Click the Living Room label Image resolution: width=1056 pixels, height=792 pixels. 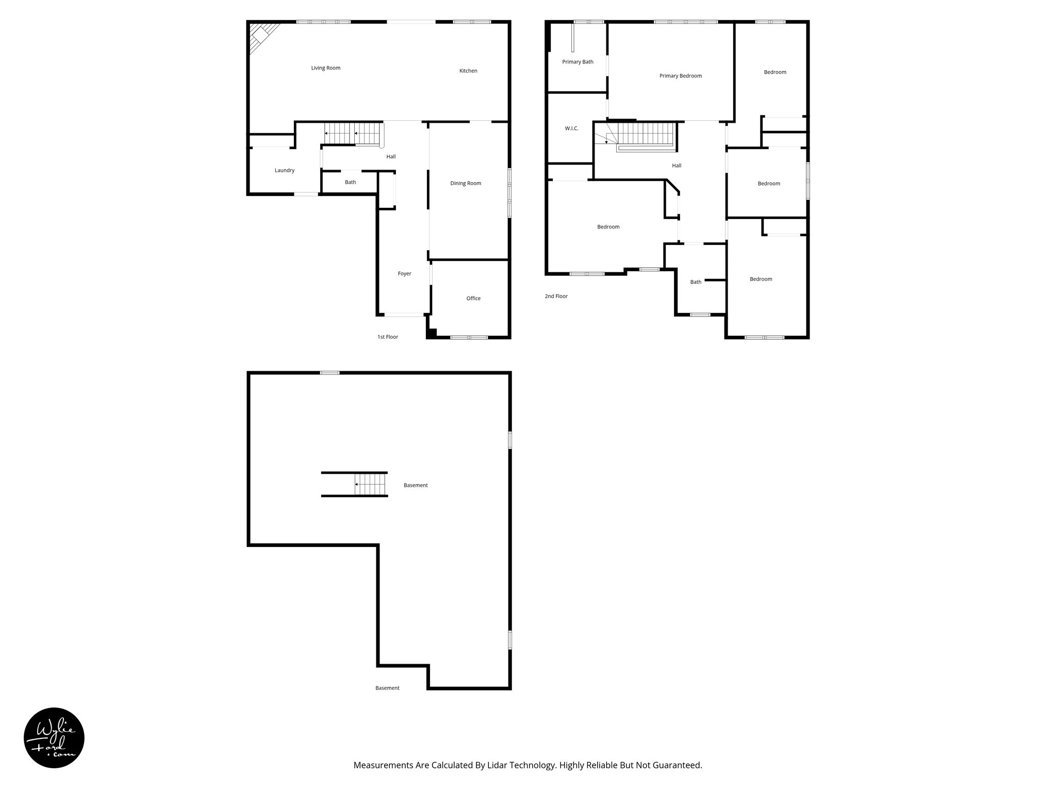pyautogui.click(x=325, y=68)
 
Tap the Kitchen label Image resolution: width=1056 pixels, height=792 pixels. pyautogui.click(x=468, y=71)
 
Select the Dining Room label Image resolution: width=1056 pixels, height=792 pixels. pyautogui.click(x=466, y=184)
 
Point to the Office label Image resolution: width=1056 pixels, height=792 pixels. pyautogui.click(x=473, y=299)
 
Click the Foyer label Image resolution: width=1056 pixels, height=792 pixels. pyautogui.click(x=404, y=274)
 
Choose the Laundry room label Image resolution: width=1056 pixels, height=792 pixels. pyautogui.click(x=285, y=171)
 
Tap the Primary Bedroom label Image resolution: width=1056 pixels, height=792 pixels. pyautogui.click(x=680, y=76)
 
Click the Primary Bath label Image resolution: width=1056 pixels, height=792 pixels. pyautogui.click(x=577, y=62)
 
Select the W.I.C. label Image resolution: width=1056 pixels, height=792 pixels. pyautogui.click(x=571, y=128)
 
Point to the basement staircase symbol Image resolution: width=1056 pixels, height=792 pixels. pyautogui.click(x=370, y=485)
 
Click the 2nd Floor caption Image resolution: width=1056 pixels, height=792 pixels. pyautogui.click(x=556, y=296)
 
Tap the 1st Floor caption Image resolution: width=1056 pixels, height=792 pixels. pyautogui.click(x=388, y=337)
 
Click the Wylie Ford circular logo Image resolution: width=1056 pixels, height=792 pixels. pyautogui.click(x=54, y=738)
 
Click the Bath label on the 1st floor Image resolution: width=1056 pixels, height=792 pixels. pyautogui.click(x=350, y=183)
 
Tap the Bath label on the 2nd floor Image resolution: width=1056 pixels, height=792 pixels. pyautogui.click(x=696, y=282)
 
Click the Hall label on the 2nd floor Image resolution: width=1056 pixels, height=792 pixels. pyautogui.click(x=676, y=166)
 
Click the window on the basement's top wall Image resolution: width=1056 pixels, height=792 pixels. pyautogui.click(x=329, y=373)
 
